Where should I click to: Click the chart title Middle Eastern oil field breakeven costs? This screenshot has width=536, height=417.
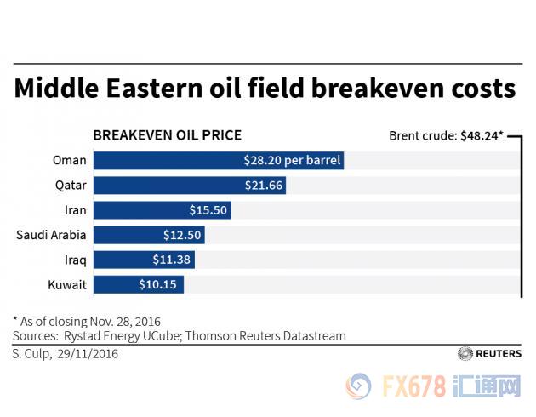pos(265,89)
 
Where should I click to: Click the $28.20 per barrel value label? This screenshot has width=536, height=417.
pos(291,160)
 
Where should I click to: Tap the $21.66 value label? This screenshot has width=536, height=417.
pos(263,185)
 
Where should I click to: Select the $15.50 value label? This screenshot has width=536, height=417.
pos(208,209)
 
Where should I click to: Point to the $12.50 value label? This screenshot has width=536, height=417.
pos(182,234)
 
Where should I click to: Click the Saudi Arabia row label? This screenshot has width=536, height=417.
pos(51,234)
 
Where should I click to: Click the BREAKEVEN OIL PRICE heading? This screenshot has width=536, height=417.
pos(167,134)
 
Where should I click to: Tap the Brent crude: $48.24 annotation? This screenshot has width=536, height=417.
pos(445,134)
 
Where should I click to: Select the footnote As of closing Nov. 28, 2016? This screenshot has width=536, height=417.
pos(88,321)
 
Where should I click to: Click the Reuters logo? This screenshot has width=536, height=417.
pos(489,353)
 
